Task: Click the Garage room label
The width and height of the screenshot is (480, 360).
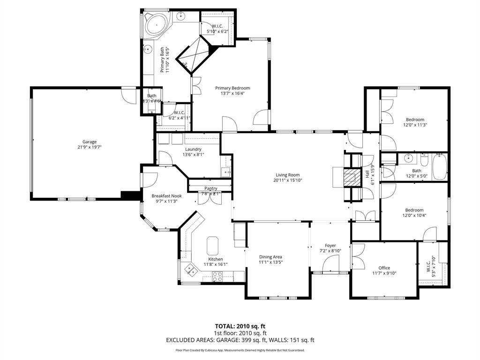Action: [x=90, y=142]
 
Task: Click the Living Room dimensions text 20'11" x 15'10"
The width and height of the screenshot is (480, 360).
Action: [x=287, y=180]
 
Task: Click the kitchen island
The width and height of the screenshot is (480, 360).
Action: [x=213, y=245]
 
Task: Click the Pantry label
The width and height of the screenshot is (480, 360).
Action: [x=210, y=188]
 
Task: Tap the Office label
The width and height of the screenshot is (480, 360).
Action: [x=384, y=268]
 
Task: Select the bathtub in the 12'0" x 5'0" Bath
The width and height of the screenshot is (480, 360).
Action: [x=439, y=167]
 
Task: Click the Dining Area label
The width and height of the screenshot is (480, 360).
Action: [x=270, y=257]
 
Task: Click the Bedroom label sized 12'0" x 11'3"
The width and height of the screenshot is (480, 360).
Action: [x=415, y=120]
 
